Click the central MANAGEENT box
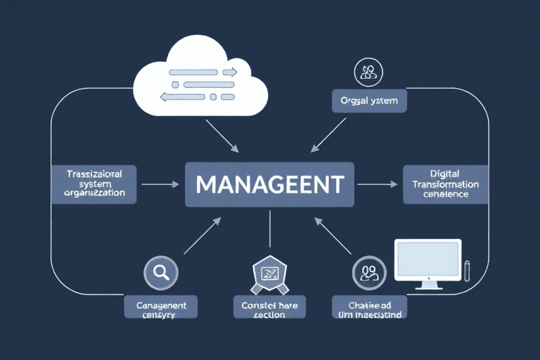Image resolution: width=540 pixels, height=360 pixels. [270, 185]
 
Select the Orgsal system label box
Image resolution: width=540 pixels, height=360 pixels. [369, 101]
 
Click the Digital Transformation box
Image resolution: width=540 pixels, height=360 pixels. [445, 184]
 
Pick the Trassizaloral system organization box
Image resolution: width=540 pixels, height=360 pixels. [94, 184]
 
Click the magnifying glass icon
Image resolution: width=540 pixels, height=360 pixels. [160, 272]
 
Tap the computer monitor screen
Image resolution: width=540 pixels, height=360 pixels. [427, 259]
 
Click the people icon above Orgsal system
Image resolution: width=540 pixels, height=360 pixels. [368, 72]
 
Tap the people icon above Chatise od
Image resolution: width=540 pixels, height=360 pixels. [368, 273]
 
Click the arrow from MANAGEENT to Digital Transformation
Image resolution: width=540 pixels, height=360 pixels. [377, 184]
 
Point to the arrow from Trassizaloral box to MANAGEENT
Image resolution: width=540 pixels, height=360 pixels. [160, 184]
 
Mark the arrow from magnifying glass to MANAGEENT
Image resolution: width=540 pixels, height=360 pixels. [202, 236]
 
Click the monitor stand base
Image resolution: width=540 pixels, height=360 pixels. [427, 287]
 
